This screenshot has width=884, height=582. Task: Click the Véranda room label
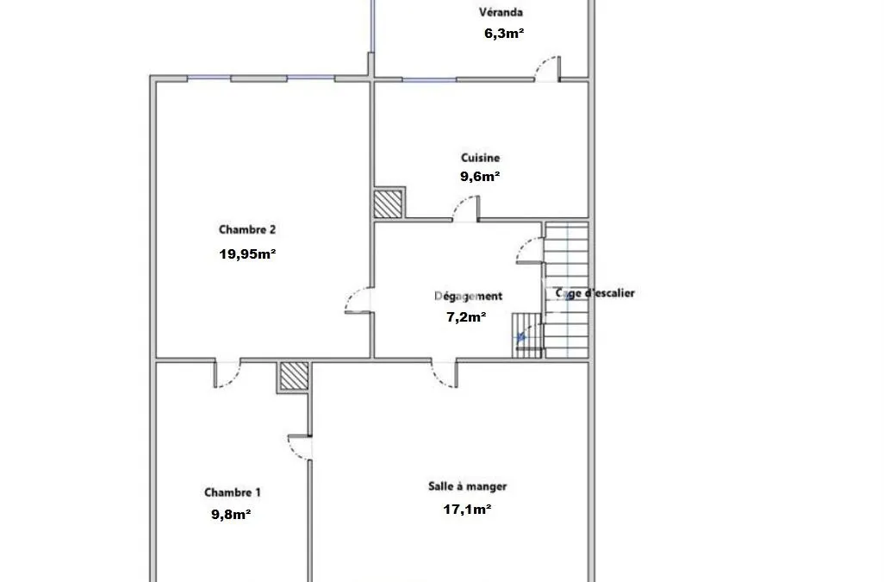click(501, 12)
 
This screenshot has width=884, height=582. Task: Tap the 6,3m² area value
click(504, 34)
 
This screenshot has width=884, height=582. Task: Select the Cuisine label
click(480, 158)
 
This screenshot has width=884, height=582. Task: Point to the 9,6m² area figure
click(480, 177)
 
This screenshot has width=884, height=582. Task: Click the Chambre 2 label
click(247, 229)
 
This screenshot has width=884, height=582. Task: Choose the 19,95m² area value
click(247, 253)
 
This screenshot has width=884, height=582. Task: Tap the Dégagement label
click(468, 296)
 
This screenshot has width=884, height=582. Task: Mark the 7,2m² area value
click(466, 317)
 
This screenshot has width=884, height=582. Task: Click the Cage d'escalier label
click(595, 293)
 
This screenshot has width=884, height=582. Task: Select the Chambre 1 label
click(233, 492)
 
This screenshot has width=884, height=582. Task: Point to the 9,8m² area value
click(231, 515)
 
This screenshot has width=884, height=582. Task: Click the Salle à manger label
click(467, 486)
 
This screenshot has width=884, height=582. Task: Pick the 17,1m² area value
click(467, 510)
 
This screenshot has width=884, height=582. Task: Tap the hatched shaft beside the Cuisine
click(389, 203)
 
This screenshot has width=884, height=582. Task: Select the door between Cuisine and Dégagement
click(465, 208)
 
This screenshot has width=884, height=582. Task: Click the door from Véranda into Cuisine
click(547, 69)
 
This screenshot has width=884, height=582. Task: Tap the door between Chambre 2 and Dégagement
click(358, 299)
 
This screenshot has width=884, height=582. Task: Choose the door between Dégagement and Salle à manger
click(445, 373)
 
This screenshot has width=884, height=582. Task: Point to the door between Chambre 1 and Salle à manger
click(300, 447)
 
